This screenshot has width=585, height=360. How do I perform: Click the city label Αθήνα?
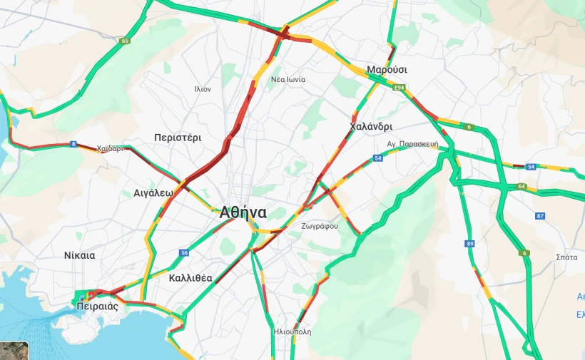pos(243,212)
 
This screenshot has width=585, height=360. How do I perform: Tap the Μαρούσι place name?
pos(387,70)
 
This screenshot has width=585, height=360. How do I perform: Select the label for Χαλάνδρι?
pos(371,127)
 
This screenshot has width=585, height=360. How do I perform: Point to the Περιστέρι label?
pos(178,137)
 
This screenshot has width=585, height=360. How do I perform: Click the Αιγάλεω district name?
pos(153,193)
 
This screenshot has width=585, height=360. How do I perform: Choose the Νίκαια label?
pos(79,255)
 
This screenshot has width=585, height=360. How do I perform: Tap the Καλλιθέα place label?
pos(190,278)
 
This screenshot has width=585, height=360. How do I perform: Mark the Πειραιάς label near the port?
pos(98,307)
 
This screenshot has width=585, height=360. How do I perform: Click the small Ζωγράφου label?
pos(320,226)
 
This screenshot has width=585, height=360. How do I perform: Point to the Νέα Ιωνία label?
pos(288,79)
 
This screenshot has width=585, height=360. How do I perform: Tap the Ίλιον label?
pos(203,89)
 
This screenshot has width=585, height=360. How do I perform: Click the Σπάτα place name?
pos(566,257)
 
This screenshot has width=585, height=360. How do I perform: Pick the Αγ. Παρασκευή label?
pos(412,143)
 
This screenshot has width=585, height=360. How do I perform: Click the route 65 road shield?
pos(126,41)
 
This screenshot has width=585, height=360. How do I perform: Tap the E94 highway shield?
pos(400,88)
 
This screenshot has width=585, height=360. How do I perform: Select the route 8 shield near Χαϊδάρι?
pos(73,144)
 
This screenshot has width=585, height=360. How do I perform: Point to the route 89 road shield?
pos(469,244)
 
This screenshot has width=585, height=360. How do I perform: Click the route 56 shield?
pos(185,253)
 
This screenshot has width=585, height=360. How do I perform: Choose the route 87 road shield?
pos(540,216)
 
